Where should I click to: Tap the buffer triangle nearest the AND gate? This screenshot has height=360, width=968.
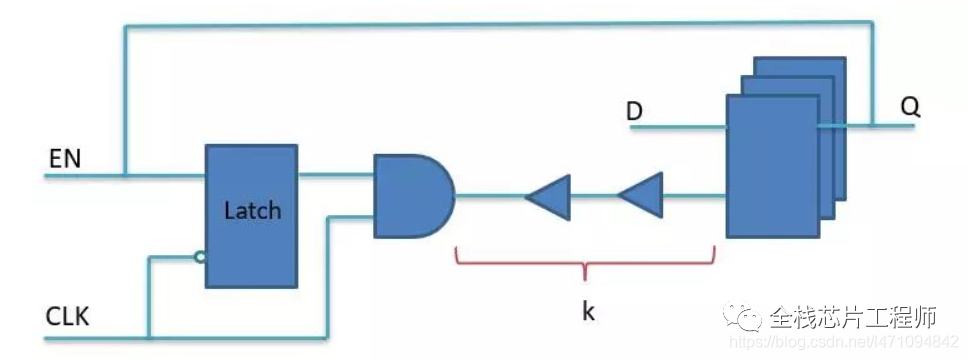pyautogui.click(x=549, y=196)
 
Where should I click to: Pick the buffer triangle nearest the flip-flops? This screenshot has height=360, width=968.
pyautogui.click(x=641, y=196)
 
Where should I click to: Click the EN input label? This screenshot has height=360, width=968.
pyautogui.click(x=63, y=158)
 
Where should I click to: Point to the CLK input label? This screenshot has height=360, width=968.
pyautogui.click(x=67, y=318)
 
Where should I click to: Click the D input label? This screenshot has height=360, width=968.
pyautogui.click(x=634, y=111)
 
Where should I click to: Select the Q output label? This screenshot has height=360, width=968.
pyautogui.click(x=909, y=108)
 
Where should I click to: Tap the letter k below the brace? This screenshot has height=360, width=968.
pyautogui.click(x=588, y=311)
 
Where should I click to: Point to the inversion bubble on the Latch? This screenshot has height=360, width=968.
pyautogui.click(x=200, y=258)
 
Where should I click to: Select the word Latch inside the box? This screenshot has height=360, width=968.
pyautogui.click(x=251, y=210)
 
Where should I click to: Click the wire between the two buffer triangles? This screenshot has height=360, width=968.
pyautogui.click(x=594, y=196)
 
